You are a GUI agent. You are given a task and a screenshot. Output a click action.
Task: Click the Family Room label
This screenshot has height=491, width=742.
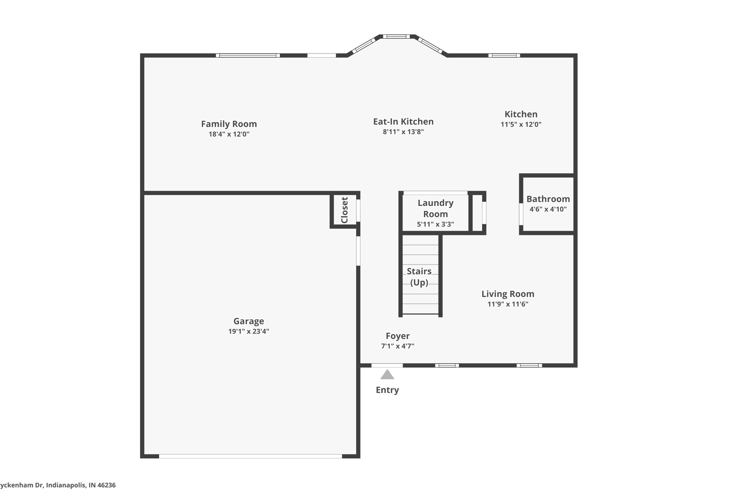[x=229, y=124]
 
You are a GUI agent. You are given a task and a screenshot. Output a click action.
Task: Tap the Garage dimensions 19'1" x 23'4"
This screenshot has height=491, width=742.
[x=249, y=331]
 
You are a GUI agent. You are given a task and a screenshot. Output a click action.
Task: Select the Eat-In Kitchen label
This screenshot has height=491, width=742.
[x=403, y=122]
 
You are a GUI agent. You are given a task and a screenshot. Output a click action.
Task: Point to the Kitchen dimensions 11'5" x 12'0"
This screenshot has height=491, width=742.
[x=521, y=124]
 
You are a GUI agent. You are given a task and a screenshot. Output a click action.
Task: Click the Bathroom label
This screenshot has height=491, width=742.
[x=548, y=199]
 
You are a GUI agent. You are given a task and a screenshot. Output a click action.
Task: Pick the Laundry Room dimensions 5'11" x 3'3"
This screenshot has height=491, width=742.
[x=435, y=224]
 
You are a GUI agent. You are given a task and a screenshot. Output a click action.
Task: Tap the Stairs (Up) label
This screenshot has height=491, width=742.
[x=419, y=277]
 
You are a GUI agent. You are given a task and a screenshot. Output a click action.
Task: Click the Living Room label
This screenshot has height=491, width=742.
[x=508, y=294]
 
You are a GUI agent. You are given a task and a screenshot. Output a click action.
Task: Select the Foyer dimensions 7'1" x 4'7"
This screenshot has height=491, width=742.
[x=397, y=346]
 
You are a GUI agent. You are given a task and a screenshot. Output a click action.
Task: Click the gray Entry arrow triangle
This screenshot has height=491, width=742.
[x=387, y=375]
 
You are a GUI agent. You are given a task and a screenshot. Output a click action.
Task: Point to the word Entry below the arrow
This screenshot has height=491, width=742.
[x=387, y=390]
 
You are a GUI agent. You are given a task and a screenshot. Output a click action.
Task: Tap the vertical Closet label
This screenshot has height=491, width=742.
[x=345, y=210]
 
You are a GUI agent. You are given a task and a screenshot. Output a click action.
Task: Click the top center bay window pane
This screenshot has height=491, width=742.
[x=396, y=37]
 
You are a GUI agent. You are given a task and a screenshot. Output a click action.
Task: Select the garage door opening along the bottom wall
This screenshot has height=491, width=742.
[x=250, y=456]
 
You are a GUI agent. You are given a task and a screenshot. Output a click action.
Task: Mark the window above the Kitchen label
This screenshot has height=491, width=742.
[x=504, y=56]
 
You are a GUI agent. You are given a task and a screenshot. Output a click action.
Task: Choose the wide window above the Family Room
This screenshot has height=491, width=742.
[x=248, y=56]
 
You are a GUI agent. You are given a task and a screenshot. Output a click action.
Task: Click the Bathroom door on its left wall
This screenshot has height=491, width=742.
[x=521, y=214]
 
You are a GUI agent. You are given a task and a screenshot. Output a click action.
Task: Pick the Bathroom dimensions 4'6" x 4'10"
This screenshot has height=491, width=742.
[x=548, y=209]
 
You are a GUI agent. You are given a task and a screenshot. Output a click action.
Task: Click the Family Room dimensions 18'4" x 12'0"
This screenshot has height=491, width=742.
[x=229, y=134]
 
